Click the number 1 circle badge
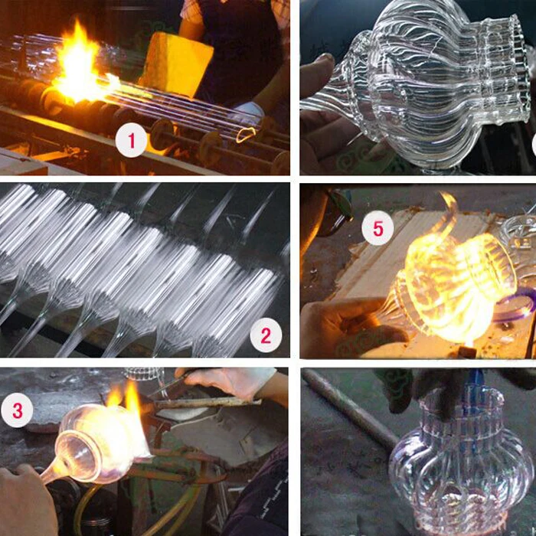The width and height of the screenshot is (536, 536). (131, 140)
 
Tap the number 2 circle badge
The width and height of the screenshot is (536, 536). (266, 335)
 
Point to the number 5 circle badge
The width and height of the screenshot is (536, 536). (377, 228)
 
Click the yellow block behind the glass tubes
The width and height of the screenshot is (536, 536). (175, 64)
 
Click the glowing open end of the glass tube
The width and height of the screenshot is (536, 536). (246, 135)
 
